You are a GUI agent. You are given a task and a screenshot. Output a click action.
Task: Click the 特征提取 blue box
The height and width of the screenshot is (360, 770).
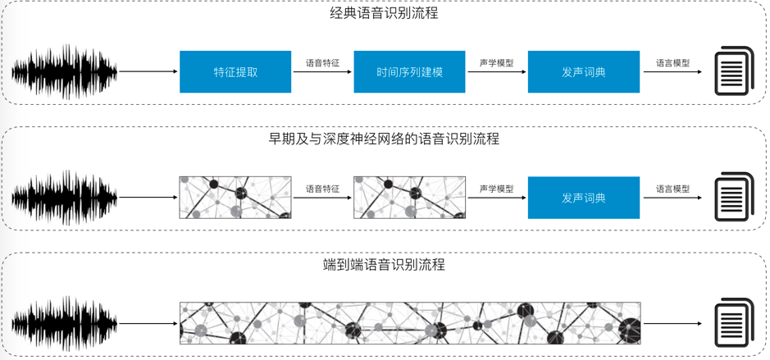pyautogui.click(x=235, y=71)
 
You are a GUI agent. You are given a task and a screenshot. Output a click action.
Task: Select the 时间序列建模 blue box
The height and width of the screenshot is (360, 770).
pyautogui.click(x=409, y=71)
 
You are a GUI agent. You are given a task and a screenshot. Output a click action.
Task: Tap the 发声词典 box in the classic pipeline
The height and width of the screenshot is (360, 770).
pyautogui.click(x=584, y=71)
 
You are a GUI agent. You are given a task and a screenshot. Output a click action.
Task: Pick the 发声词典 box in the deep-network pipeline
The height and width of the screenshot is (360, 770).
pyautogui.click(x=584, y=198)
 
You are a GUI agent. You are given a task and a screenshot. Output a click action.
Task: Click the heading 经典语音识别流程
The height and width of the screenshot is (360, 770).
pyautogui.click(x=384, y=14)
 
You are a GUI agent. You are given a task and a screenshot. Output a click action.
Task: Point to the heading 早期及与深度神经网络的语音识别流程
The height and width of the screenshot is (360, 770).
pyautogui.click(x=384, y=139)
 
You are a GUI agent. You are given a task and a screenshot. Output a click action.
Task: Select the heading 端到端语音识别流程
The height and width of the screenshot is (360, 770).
pyautogui.click(x=384, y=265)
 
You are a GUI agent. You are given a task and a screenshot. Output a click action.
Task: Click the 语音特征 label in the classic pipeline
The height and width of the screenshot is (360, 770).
pyautogui.click(x=322, y=62)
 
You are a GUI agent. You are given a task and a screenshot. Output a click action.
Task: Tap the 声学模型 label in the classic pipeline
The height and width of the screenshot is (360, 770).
pyautogui.click(x=497, y=62)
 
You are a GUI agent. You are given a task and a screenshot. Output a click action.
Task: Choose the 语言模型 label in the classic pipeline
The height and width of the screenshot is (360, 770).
pyautogui.click(x=672, y=62)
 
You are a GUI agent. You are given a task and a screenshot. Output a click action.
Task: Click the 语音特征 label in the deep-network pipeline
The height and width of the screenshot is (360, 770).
pyautogui.click(x=322, y=189)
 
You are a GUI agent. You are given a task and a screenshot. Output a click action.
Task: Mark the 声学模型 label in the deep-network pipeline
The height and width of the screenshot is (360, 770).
pyautogui.click(x=497, y=189)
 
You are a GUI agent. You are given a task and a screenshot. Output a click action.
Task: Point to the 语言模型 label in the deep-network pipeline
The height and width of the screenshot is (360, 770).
pyautogui.click(x=672, y=189)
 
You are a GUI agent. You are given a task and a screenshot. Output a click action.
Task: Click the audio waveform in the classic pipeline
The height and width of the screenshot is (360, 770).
pyautogui.click(x=64, y=72)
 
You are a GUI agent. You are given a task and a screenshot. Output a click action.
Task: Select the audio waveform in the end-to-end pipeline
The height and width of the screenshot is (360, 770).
pyautogui.click(x=64, y=324)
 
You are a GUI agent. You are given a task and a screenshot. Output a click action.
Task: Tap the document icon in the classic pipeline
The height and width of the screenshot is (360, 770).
pyautogui.click(x=734, y=72)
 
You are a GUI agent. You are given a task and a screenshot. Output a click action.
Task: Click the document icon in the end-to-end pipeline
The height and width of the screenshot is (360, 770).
pyautogui.click(x=734, y=324)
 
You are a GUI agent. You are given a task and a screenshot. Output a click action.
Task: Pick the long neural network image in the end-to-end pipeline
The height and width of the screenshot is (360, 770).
pyautogui.click(x=410, y=323)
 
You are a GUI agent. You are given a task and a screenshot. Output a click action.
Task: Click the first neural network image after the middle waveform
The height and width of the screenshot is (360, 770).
pyautogui.click(x=235, y=198)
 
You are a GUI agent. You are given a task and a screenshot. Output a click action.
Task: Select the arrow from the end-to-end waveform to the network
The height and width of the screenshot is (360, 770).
pyautogui.click(x=148, y=324)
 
